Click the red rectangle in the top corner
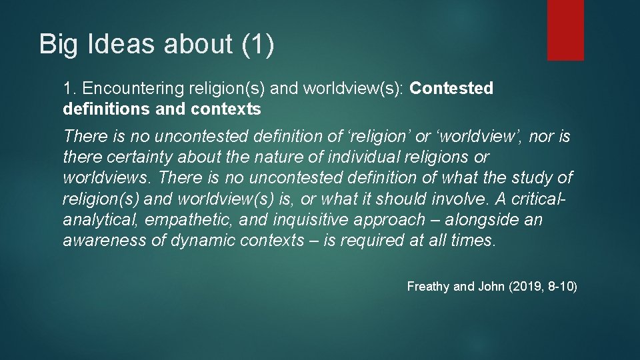565,29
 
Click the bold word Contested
451,89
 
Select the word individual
361,158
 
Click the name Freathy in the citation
428,287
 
